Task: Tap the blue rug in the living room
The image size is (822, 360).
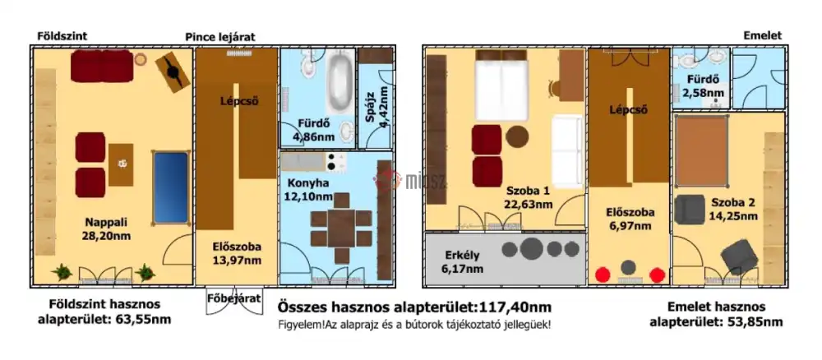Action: (171, 186)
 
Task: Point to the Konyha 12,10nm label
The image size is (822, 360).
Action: (309, 189)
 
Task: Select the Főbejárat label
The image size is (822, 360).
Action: (229, 298)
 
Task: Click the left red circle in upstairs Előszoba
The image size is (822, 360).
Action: (604, 275)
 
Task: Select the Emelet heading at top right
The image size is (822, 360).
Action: (762, 36)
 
